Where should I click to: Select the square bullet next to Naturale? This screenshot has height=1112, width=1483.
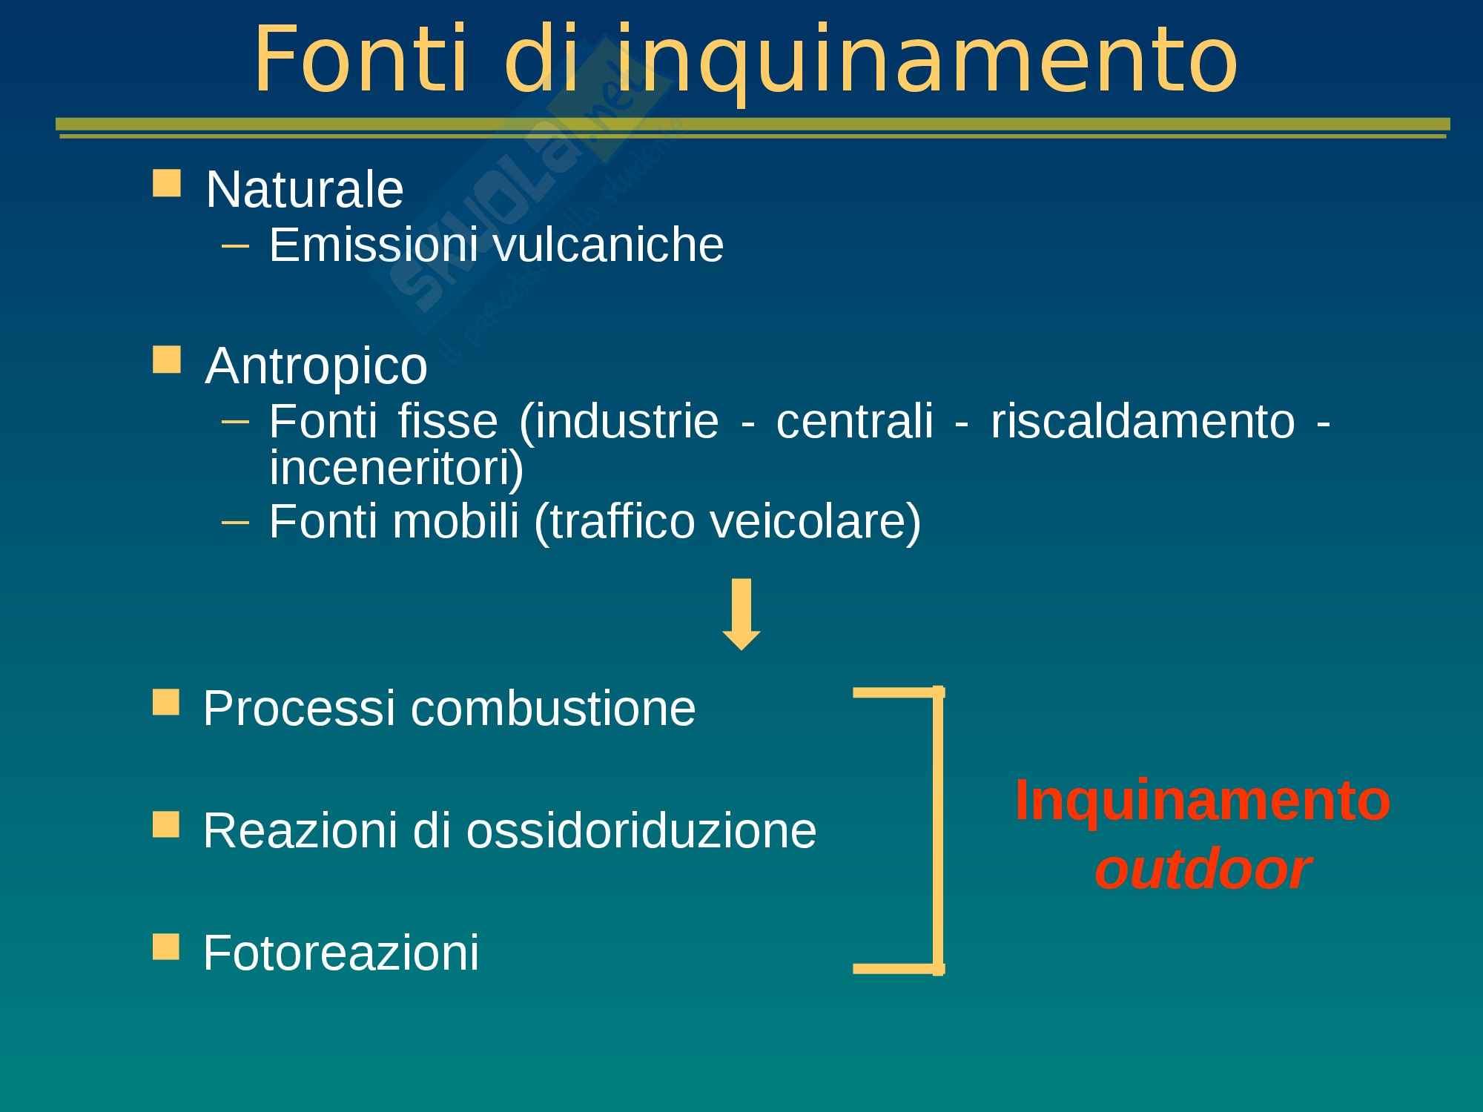[166, 183]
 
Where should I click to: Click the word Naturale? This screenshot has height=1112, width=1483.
[305, 189]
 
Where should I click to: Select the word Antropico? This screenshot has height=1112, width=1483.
[317, 367]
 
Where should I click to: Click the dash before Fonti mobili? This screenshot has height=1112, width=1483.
[236, 523]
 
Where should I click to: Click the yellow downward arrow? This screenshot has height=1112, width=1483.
[741, 614]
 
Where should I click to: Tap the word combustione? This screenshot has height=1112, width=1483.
[553, 708]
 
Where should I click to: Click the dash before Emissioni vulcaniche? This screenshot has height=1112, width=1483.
[236, 245]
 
